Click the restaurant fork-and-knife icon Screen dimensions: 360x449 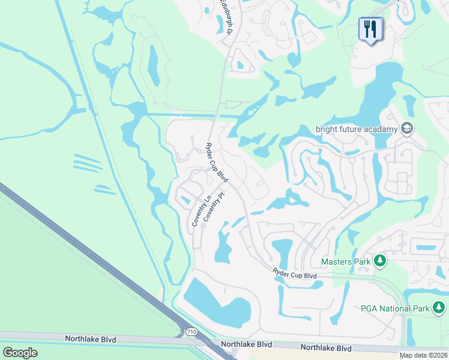click(x=370, y=28)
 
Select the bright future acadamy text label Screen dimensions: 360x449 click(x=357, y=129)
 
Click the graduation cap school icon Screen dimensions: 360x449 click(x=407, y=128)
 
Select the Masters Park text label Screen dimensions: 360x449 click(x=345, y=262)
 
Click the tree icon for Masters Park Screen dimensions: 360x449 click(x=379, y=261)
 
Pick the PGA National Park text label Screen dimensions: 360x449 click(x=394, y=308)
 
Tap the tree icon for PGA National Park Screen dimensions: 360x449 click(x=439, y=308)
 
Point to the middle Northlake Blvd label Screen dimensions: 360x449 click(x=246, y=344)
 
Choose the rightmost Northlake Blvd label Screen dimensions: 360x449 click(x=326, y=348)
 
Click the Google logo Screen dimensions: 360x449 click(x=20, y=353)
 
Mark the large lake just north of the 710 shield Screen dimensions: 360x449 click(x=216, y=303)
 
